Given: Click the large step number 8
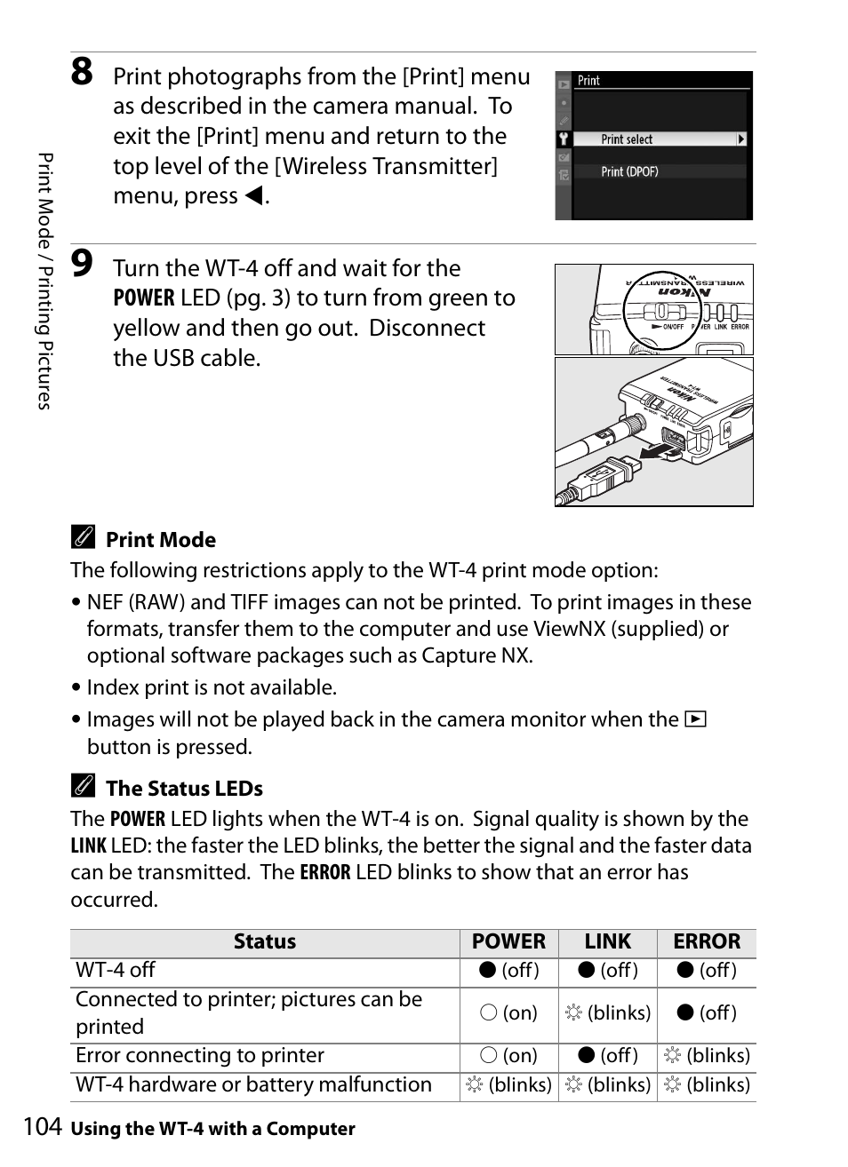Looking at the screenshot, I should pos(82,72).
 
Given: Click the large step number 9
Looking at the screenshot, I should pos(82,263).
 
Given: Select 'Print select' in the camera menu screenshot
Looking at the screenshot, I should pos(627,139).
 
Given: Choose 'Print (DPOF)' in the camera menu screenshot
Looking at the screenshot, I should pos(629,172).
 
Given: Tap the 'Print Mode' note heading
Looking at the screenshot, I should pos(160,540).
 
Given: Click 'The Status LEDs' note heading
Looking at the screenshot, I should pos(184,789).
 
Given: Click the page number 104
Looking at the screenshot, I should pos(42,1127).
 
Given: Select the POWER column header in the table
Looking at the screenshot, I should pos(508,942).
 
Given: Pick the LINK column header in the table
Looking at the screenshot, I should pos(608,942).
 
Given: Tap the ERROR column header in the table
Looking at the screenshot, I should pos(707,942).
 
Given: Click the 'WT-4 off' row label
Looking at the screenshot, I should pos(116,971).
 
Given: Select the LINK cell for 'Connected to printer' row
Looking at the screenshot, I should pos(608,1013).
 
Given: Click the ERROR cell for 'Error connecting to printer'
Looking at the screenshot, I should pos(707,1056).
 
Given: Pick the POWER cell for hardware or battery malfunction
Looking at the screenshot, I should pos(508,1085).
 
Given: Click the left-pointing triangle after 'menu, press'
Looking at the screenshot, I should pos(254,196).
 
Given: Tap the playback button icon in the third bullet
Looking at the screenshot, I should pos(695,719).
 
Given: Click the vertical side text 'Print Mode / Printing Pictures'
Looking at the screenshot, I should pos(44,281).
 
